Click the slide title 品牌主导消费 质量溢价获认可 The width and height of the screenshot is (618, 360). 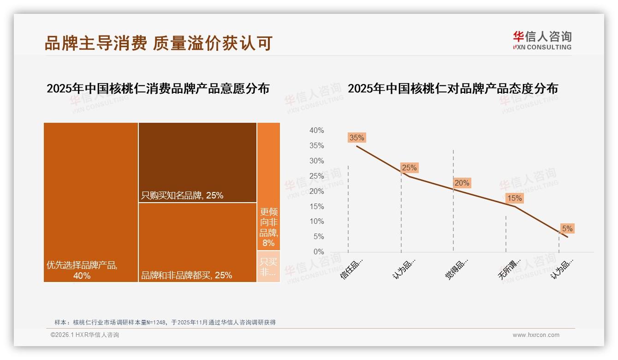click(158, 43)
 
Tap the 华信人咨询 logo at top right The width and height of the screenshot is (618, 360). click(542, 40)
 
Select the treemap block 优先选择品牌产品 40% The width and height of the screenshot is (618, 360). click(91, 202)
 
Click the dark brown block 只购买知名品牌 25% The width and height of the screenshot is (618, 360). click(197, 162)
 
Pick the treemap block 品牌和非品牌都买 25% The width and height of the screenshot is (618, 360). click(197, 242)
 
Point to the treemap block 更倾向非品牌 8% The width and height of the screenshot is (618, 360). click(268, 186)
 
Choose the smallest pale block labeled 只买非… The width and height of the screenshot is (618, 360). click(268, 267)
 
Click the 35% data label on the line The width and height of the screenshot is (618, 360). click(357, 138)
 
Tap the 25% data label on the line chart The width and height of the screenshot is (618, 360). click(409, 168)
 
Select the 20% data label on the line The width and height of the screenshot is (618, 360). click(462, 183)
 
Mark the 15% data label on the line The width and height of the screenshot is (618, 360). click(514, 198)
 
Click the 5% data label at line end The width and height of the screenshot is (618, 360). click(567, 228)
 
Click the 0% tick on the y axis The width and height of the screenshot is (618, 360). click(318, 252)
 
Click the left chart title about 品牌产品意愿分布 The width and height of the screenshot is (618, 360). click(158, 89)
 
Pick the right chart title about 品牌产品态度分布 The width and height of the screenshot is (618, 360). click(452, 89)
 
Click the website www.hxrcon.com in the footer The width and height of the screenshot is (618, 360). click(535, 335)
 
